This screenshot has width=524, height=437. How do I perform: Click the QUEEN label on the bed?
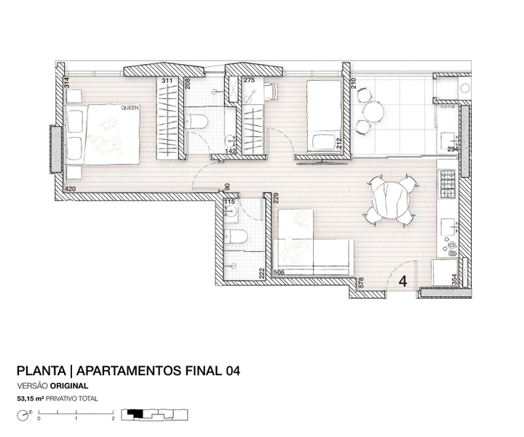[x=130, y=108]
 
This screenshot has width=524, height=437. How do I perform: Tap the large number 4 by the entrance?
[x=403, y=281]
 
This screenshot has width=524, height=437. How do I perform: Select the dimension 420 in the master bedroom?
[x=70, y=189]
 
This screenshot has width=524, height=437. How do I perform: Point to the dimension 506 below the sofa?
[x=279, y=272]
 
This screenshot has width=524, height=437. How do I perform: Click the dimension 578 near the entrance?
[x=360, y=283]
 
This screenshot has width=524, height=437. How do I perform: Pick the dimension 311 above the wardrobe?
[x=167, y=81]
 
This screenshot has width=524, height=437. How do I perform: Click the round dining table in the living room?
[x=392, y=200]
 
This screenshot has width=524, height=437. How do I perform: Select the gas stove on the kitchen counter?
[x=447, y=184]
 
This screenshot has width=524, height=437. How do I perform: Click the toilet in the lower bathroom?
[x=236, y=237]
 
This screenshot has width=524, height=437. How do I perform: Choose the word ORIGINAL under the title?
[x=69, y=386]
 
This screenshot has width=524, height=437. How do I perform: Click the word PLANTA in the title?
[x=41, y=371]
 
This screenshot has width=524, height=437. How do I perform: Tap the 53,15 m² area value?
[x=31, y=398]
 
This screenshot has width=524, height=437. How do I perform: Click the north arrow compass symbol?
[x=23, y=415]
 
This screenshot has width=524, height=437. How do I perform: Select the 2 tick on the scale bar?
[x=114, y=418]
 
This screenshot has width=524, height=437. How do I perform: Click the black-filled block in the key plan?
[x=137, y=414]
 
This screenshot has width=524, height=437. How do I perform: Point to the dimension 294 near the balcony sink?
[x=453, y=149]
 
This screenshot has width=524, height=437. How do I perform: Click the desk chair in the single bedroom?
[x=271, y=91]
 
